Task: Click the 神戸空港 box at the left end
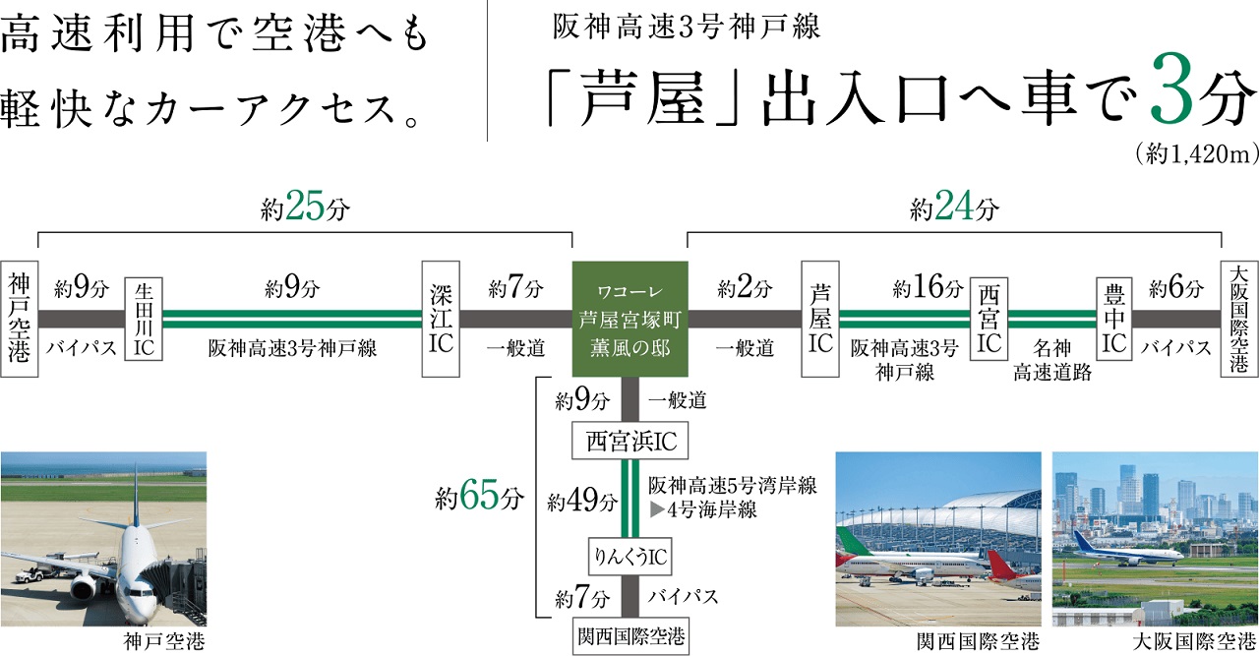[20, 319]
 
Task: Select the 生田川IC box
[143, 319]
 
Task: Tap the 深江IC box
[440, 319]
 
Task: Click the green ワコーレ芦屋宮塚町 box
[629, 319]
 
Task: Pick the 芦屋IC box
[820, 319]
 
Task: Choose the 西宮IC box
[989, 319]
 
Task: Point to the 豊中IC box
[1114, 319]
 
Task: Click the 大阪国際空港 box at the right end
[1238, 319]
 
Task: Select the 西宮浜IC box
[630, 442]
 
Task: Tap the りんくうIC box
[629, 559]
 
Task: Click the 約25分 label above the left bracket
[305, 209]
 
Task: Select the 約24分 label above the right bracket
[954, 209]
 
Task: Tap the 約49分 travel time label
[584, 502]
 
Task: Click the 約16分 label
[928, 289]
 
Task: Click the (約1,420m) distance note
[1196, 154]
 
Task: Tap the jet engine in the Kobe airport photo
[84, 588]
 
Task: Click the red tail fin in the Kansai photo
[1000, 567]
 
